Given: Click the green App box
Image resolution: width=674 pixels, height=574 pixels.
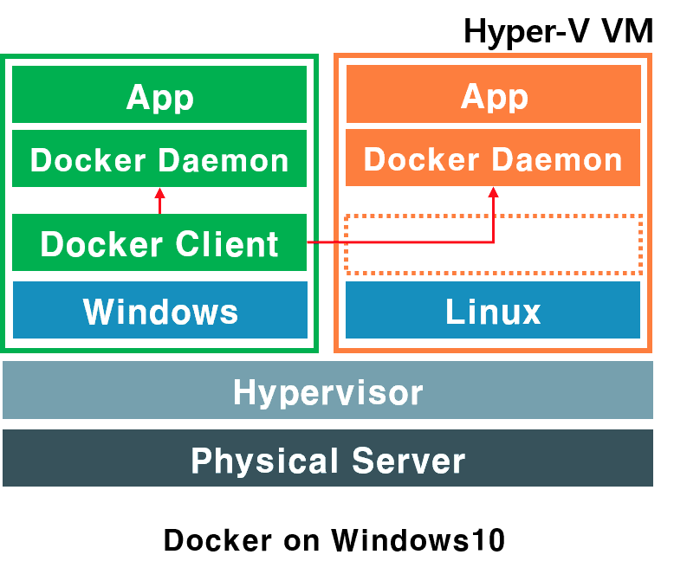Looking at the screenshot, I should point(159,94).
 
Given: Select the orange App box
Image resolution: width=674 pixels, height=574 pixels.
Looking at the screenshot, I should point(493,94).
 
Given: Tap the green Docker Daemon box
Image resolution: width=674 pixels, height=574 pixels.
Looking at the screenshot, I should point(159,159).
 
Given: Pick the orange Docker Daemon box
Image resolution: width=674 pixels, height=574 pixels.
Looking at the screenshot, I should point(493,158).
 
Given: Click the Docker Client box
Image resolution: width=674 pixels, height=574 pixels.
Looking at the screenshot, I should point(159,243).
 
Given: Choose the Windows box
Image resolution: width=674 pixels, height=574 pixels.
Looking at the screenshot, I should point(159,310).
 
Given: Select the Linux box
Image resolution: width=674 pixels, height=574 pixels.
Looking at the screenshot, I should point(493,310).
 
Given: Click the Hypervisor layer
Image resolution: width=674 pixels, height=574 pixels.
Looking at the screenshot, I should point(327,391).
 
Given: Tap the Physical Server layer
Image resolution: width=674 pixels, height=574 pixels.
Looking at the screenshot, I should point(327,458).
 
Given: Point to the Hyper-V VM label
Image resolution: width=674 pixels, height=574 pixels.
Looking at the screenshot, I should point(558,31).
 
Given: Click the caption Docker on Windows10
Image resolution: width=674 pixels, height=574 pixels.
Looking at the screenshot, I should point(334,540).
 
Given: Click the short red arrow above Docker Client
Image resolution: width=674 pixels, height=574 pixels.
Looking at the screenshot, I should point(159,200).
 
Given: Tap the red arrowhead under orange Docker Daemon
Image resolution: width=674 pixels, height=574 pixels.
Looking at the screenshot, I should point(494,192).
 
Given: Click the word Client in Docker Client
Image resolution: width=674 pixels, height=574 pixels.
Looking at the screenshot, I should point(228,243).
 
